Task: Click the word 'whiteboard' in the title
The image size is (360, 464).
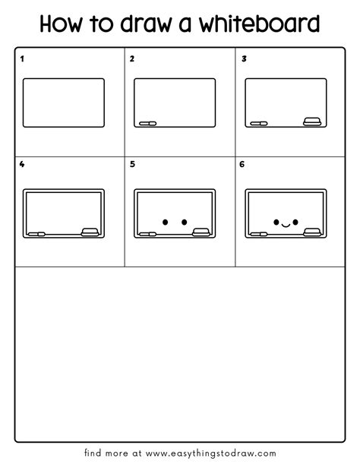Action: (259, 24)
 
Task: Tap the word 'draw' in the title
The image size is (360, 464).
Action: (146, 24)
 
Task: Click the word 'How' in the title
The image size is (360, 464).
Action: (61, 24)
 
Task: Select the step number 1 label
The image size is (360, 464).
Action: (22, 59)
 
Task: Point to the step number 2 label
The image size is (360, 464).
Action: (132, 59)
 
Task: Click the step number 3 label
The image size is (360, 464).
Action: (244, 59)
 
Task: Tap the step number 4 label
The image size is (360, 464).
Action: (22, 164)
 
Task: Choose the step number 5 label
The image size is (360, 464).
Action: (132, 164)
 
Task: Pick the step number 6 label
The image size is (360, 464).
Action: (242, 164)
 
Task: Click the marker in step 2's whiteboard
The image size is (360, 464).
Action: (148, 123)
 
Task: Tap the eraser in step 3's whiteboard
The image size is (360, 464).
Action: (312, 122)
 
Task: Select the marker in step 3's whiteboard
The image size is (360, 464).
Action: (259, 123)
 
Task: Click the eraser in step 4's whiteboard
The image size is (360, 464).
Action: (90, 232)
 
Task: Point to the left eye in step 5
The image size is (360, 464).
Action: (166, 222)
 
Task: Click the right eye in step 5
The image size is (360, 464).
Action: (184, 222)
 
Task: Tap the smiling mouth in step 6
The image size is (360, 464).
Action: (286, 226)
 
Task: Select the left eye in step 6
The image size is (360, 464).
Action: (276, 222)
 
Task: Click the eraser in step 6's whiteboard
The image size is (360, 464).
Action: (312, 232)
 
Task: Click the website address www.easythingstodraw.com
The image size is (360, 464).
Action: (211, 453)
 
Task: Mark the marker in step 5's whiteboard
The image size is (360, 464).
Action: (148, 234)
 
